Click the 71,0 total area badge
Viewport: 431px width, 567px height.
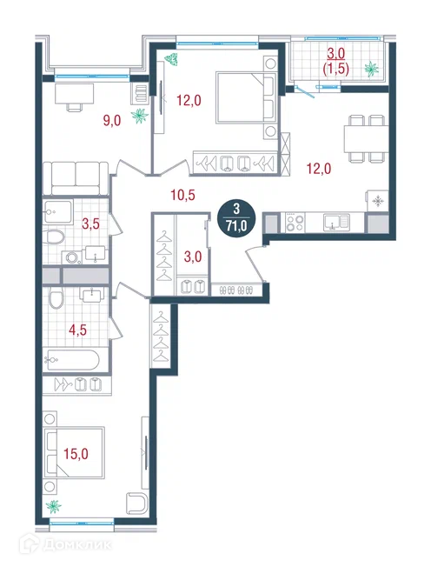pos(236,217)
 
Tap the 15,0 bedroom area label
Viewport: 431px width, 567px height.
pos(76,453)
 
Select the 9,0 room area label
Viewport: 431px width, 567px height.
pos(112,120)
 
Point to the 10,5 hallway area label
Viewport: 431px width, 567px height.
pos(182,196)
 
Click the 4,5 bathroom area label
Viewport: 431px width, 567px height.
pos(78,330)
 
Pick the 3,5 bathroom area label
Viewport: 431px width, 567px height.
pos(90,224)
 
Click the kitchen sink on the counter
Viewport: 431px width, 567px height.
pos(336,223)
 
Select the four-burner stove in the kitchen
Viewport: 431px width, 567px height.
pos(295,223)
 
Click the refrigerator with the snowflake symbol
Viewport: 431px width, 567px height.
pos(377,201)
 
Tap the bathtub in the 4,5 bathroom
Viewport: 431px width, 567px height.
pos(71,360)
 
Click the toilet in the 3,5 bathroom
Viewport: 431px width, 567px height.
pos(55,237)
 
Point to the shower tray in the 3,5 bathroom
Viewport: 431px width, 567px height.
pos(58,211)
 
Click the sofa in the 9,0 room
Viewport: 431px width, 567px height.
pos(76,178)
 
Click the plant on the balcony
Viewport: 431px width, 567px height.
pos(371,69)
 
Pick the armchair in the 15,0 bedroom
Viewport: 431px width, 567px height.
pos(137,503)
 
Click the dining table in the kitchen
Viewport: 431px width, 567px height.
pos(366,138)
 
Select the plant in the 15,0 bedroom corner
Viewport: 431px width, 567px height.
pos(54,506)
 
